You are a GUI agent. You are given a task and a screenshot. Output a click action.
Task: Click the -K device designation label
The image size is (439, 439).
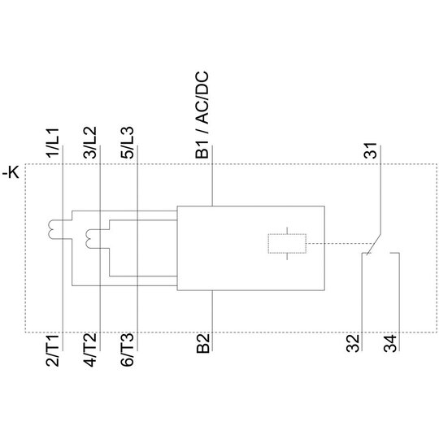click(x=11, y=172)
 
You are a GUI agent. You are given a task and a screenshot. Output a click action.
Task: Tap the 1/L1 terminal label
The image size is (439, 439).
click(x=53, y=143)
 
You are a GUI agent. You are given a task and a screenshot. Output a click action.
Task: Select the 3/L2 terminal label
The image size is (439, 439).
click(x=90, y=143)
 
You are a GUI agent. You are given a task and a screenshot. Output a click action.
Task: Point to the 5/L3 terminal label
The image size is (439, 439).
click(x=128, y=143)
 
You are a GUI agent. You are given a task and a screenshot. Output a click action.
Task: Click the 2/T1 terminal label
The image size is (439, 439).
click(x=53, y=350)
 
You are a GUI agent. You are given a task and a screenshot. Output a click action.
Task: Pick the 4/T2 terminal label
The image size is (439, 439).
click(x=90, y=350)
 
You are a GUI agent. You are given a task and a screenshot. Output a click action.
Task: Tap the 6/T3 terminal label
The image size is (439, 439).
click(x=128, y=350)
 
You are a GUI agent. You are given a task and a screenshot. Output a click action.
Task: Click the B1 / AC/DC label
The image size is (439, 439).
click(x=202, y=115)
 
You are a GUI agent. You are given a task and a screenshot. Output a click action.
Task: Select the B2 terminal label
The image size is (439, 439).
click(x=203, y=344)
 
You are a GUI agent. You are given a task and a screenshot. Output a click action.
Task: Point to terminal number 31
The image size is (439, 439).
click(x=370, y=150)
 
